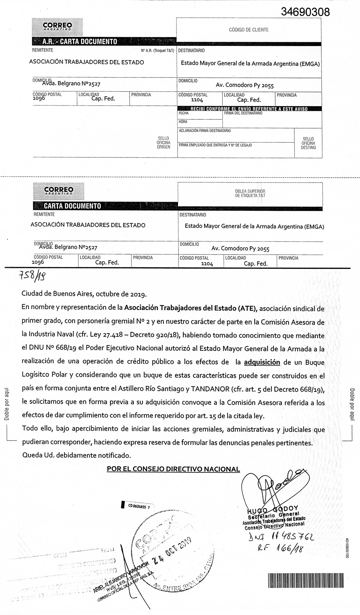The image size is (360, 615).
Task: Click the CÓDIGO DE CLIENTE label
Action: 249,30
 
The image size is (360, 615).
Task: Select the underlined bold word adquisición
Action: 262,362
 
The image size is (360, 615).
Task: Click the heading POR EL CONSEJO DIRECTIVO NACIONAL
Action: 173,469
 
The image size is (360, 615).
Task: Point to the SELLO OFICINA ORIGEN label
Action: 163,143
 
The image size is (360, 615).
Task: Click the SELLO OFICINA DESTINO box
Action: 308,143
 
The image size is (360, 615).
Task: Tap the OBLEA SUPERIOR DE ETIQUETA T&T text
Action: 250,193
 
